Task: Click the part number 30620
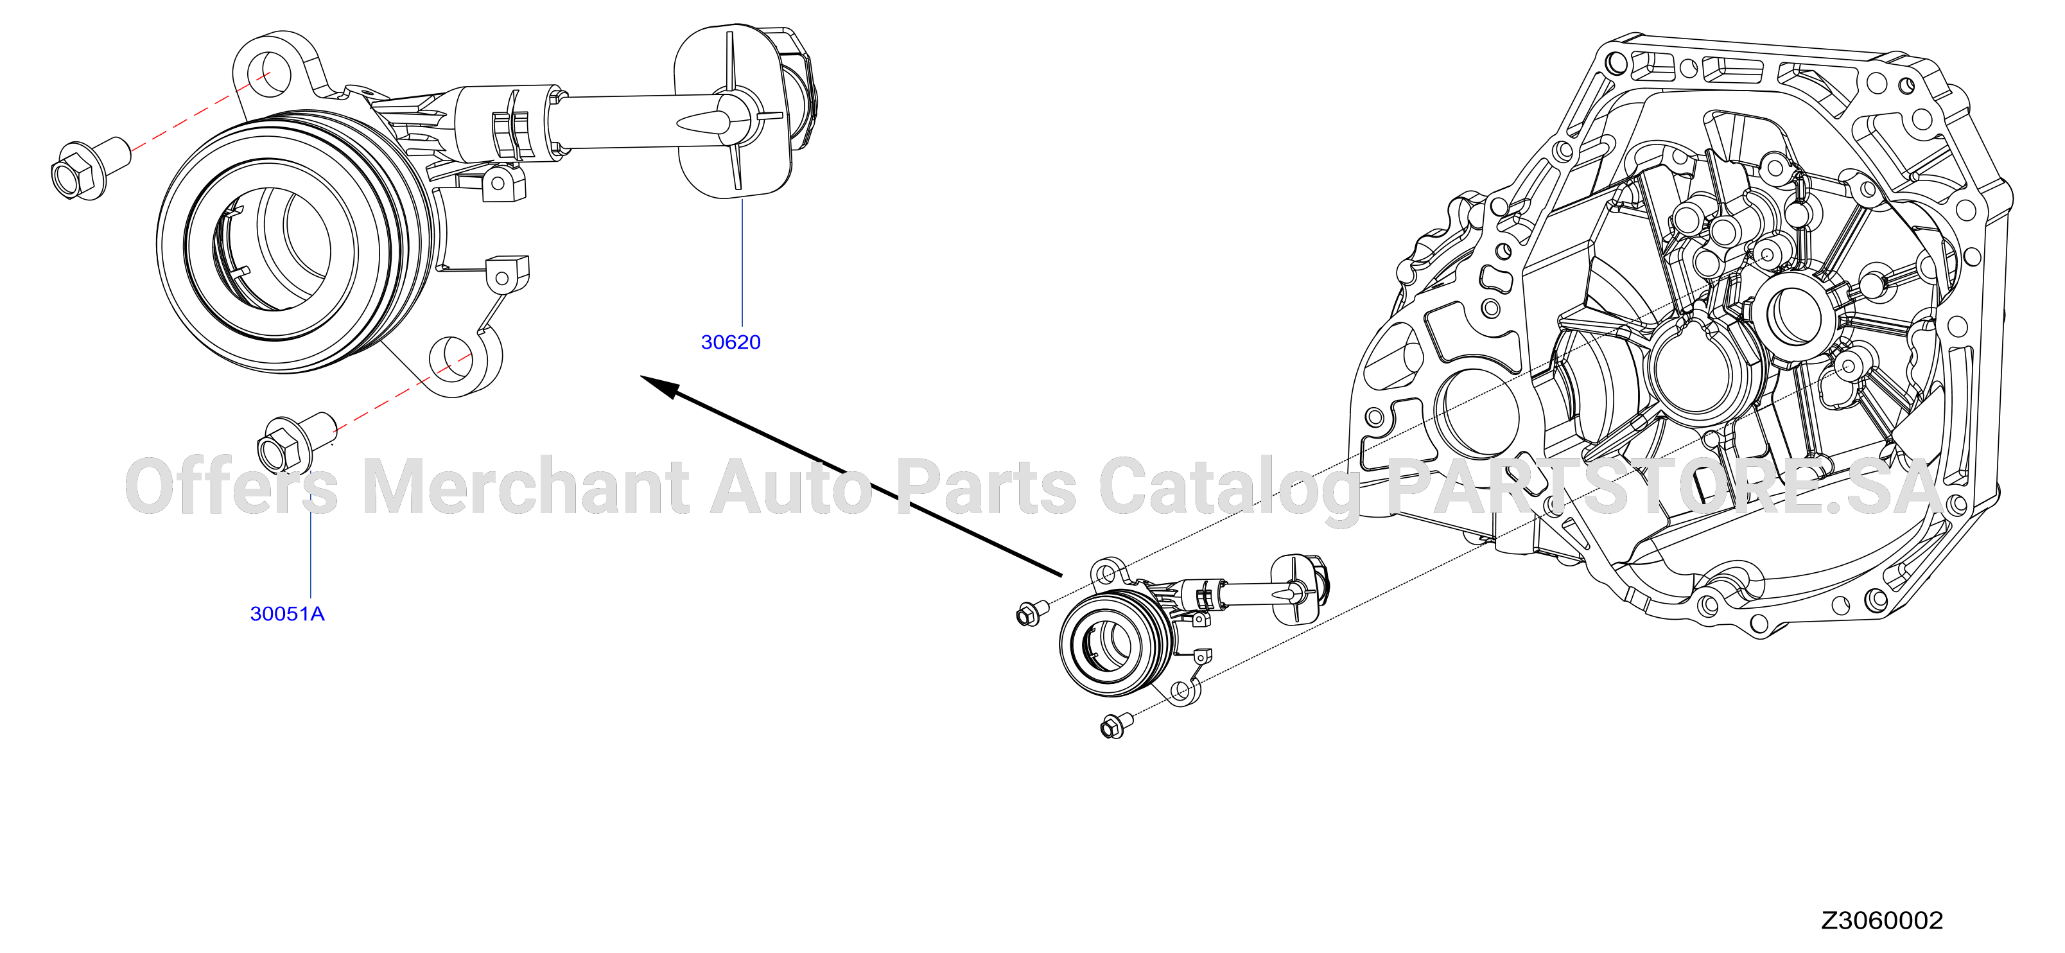pyautogui.click(x=730, y=342)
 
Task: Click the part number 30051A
pyautogui.click(x=287, y=614)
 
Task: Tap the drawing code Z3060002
pyautogui.click(x=1881, y=920)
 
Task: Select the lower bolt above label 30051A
pyautogui.click(x=295, y=443)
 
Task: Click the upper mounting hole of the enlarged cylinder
pyautogui.click(x=268, y=71)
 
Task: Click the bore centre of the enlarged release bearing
pyautogui.click(x=272, y=248)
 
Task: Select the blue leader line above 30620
pyautogui.click(x=742, y=263)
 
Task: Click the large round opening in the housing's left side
pyautogui.click(x=1475, y=414)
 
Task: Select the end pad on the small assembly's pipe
pyautogui.click(x=1294, y=589)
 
